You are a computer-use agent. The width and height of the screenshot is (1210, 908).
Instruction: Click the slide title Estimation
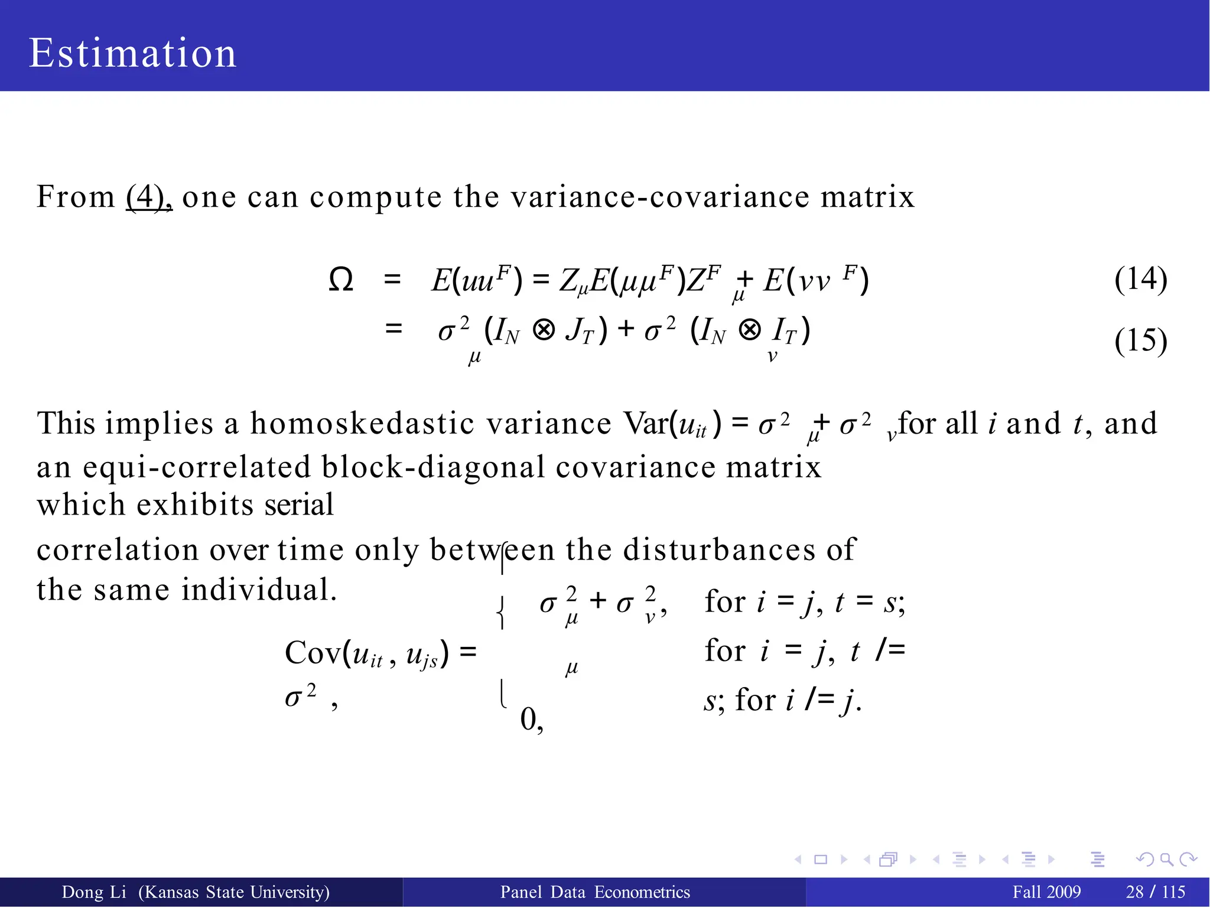(x=132, y=53)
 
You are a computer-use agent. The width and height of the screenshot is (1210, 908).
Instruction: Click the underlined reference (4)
(x=148, y=197)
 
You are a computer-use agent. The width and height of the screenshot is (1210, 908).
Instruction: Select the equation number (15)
(x=1140, y=341)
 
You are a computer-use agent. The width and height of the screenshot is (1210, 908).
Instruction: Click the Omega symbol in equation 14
(x=341, y=280)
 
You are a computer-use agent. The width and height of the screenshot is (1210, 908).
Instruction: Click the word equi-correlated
(x=196, y=467)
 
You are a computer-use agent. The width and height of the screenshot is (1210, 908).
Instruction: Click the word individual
(x=259, y=590)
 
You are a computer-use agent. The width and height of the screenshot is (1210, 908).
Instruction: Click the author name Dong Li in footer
(x=94, y=892)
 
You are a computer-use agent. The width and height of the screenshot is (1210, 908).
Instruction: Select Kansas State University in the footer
(x=234, y=892)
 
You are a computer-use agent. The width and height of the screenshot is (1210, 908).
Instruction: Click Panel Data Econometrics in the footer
(x=595, y=892)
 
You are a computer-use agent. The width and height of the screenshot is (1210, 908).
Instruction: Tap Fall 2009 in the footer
(x=1046, y=892)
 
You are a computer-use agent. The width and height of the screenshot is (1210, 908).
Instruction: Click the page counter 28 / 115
(x=1155, y=892)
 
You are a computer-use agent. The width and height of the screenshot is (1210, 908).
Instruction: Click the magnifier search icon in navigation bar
(x=1166, y=860)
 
